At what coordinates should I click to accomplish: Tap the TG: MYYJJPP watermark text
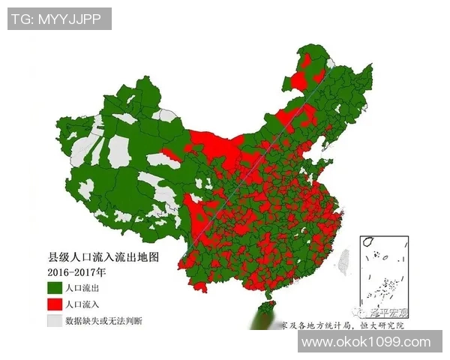[x=59, y=19]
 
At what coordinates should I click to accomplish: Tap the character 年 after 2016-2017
[x=100, y=272]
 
